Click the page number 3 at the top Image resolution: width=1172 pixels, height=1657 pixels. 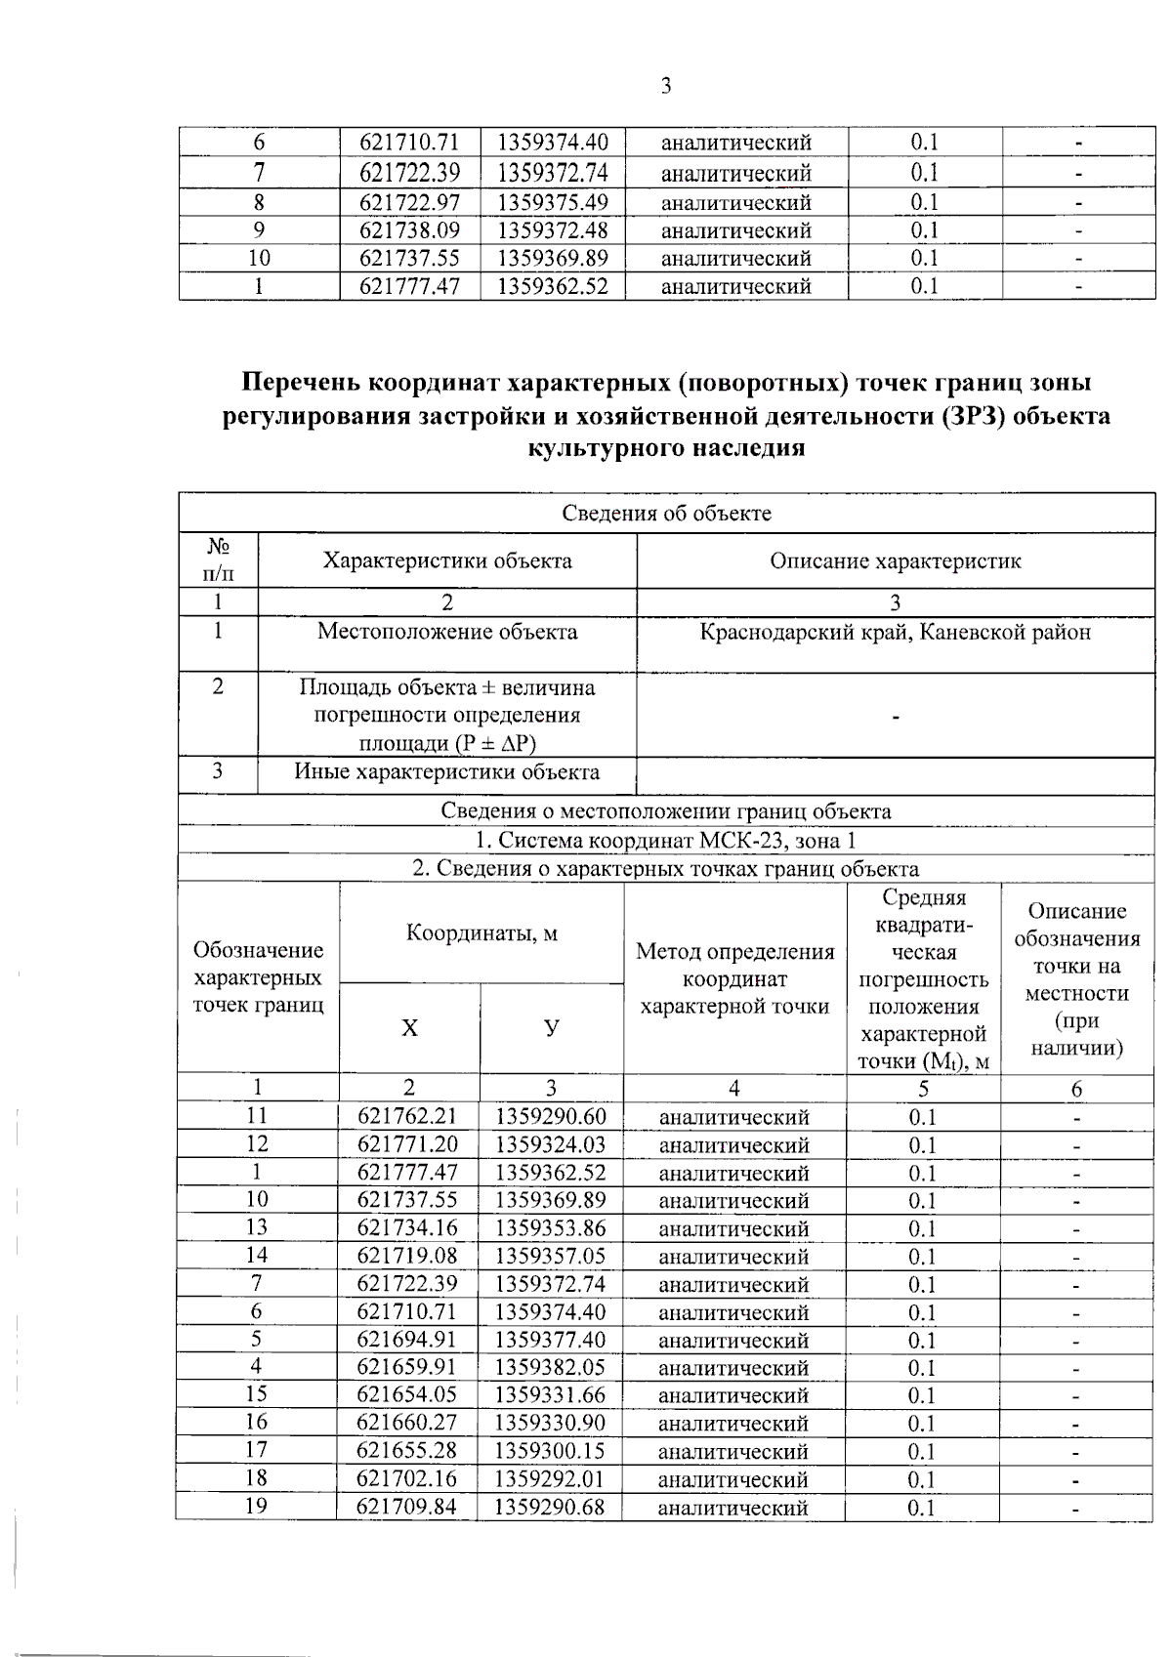pos(666,87)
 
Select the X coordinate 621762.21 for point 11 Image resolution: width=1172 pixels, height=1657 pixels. pos(407,1116)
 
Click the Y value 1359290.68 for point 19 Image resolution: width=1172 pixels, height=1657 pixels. pos(551,1507)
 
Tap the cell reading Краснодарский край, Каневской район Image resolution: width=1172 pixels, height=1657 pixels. pos(895,632)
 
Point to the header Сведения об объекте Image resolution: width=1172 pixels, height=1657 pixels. pos(666,514)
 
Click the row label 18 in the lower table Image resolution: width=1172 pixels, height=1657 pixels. pos(256,1477)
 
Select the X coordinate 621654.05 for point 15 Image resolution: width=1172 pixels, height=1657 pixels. pos(407,1394)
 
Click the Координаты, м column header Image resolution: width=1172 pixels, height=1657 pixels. pos(481,932)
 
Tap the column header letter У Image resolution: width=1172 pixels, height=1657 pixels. pos(552,1027)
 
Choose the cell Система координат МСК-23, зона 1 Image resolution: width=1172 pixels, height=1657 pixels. pos(666,841)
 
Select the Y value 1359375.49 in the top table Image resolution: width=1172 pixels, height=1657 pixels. pos(553,202)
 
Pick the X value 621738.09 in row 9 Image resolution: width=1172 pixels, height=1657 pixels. pos(409,230)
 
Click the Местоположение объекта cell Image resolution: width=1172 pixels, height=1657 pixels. pos(447,632)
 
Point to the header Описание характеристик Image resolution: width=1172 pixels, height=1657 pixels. pos(895,561)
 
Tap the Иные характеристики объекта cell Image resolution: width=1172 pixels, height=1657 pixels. pos(447,772)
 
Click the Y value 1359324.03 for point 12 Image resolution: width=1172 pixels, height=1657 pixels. pos(551,1144)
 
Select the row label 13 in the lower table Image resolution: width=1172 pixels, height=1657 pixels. pos(256,1227)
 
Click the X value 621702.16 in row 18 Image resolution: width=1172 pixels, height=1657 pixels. pos(407,1478)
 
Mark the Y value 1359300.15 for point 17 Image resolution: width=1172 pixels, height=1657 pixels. pos(551,1450)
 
